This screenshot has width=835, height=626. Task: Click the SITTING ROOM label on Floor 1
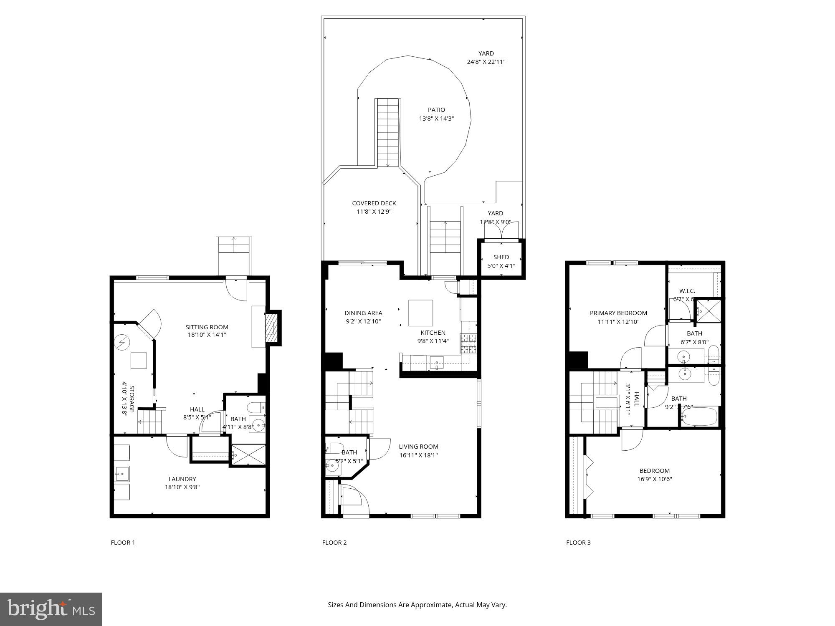click(x=207, y=327)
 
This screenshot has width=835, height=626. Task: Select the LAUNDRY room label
click(x=182, y=479)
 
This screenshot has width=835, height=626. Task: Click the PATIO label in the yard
click(x=436, y=110)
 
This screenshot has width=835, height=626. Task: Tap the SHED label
click(x=501, y=257)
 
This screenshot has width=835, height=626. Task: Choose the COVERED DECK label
click(x=374, y=203)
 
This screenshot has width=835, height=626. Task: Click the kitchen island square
click(x=420, y=313)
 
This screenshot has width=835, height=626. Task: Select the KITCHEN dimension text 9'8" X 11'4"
click(x=433, y=341)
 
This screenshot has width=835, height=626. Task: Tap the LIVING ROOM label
click(x=418, y=447)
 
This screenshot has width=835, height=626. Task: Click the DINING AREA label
click(x=363, y=313)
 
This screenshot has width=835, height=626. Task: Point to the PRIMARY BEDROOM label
click(x=618, y=313)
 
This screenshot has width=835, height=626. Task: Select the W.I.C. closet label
click(x=687, y=291)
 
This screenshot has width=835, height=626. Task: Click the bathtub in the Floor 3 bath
click(x=700, y=416)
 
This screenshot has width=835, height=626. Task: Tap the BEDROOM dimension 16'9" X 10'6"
click(x=654, y=479)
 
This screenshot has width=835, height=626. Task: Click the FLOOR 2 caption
click(x=334, y=543)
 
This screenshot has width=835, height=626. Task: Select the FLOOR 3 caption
click(x=578, y=543)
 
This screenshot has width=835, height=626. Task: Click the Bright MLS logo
click(x=51, y=609)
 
